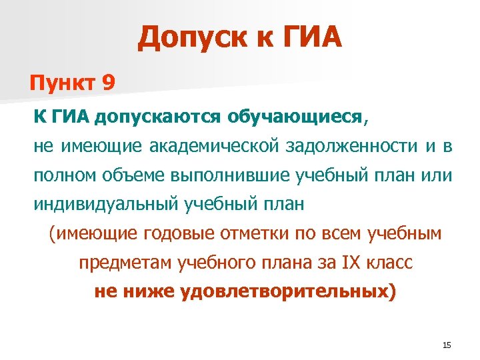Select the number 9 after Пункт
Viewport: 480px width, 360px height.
[x=109, y=83]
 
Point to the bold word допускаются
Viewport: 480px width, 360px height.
[x=157, y=117]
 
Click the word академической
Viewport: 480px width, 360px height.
[x=199, y=146]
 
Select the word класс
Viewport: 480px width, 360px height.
[x=388, y=262]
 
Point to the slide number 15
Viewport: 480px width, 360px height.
[x=447, y=345]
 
